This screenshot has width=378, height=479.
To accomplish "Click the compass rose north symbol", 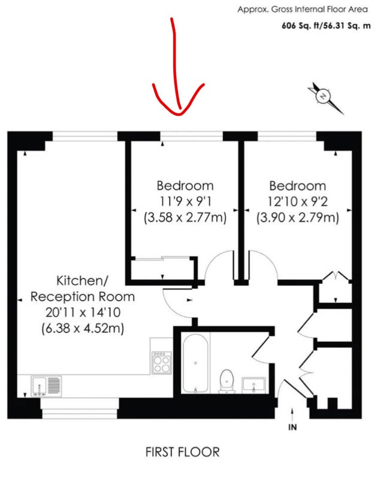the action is click(325, 98).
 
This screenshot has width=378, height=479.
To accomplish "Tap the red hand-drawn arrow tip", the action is click(180, 114).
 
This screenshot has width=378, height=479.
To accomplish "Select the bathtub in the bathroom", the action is click(195, 363).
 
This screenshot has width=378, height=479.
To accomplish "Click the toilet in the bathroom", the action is click(226, 381).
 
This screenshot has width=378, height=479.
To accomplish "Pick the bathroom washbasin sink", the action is click(253, 385).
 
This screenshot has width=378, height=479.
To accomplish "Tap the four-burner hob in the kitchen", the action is click(162, 363).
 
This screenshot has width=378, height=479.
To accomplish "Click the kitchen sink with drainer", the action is click(46, 386).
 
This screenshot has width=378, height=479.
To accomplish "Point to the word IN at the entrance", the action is click(292, 427).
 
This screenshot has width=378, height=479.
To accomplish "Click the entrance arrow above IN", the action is click(292, 414).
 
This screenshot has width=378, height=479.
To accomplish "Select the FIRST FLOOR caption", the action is click(183, 452).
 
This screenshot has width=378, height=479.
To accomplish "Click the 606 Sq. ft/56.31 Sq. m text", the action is click(326, 26).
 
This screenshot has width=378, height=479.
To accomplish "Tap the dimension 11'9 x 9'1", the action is click(185, 202).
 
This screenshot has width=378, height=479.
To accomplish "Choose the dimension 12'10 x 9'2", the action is click(298, 202).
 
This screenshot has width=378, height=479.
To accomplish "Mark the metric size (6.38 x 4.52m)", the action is click(83, 328).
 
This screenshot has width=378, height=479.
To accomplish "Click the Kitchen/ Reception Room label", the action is click(83, 289).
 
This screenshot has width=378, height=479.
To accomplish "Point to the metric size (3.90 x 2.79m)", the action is click(298, 218).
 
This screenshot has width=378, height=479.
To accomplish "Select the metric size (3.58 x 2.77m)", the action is click(185, 218).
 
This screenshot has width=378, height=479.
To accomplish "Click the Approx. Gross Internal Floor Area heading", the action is click(303, 10).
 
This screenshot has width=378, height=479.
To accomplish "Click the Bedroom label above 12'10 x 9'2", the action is click(298, 186).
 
